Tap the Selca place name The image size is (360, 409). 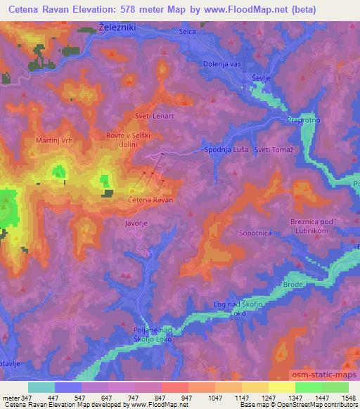point(188,32)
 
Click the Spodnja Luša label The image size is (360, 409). point(225,150)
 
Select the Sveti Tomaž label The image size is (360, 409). point(274,150)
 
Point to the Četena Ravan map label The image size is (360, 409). point(151,200)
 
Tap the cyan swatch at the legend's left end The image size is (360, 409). point(41,387)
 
